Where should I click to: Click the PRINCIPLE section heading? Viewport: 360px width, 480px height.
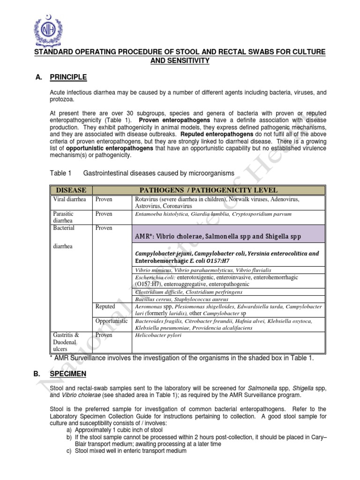[68, 77]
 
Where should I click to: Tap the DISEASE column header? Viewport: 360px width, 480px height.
[71, 190]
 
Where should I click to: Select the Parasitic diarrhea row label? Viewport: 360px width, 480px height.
[63, 217]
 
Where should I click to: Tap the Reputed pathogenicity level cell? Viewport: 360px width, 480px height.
[105, 307]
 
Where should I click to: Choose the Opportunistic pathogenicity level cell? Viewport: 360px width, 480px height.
[112, 321]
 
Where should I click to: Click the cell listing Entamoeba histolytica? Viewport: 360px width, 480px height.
[213, 214]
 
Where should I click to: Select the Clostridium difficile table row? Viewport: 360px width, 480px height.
[188, 292]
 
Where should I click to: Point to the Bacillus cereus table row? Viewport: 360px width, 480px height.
[181, 299]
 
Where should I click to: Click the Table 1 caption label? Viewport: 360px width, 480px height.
[60, 173]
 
